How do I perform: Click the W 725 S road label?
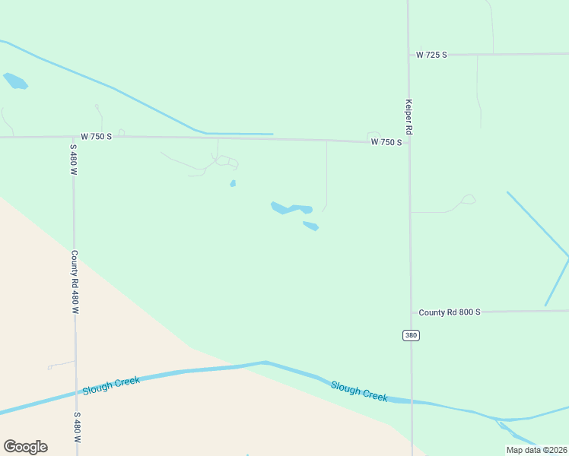pyautogui.click(x=431, y=55)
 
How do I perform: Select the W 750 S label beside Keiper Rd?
pyautogui.click(x=386, y=142)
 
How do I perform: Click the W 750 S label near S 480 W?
pyautogui.click(x=97, y=136)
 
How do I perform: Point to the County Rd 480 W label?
pyautogui.click(x=75, y=282)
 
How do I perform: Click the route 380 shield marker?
pyautogui.click(x=411, y=335)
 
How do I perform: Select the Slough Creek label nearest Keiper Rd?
pyautogui.click(x=359, y=391)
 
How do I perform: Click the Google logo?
pyautogui.click(x=25, y=447)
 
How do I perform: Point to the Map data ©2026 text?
pyautogui.click(x=536, y=450)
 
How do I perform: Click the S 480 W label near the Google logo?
pyautogui.click(x=77, y=428)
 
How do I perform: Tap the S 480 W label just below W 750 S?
pyautogui.click(x=74, y=160)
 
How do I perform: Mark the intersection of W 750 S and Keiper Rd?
pyautogui.click(x=409, y=142)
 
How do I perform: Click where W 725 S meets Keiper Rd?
pyautogui.click(x=408, y=55)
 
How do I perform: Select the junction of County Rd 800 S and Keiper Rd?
pyautogui.click(x=411, y=312)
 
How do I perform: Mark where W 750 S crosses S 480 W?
pyautogui.click(x=73, y=137)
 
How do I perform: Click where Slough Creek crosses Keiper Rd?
pyautogui.click(x=412, y=401)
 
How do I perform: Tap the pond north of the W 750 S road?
pyautogui.click(x=15, y=81)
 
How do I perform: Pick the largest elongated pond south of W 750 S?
pyautogui.click(x=291, y=207)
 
